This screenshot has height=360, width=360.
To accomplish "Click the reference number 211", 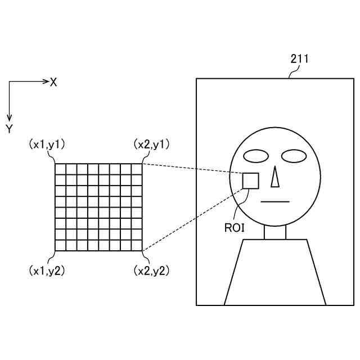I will (x=299, y=58).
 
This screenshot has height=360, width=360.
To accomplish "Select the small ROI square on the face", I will (x=250, y=181).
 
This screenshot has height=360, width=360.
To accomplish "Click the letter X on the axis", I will (x=53, y=82).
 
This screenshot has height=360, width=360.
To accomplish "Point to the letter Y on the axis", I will (x=9, y=129).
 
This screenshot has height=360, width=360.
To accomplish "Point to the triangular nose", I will (x=275, y=178).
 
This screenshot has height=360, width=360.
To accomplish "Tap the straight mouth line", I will (x=276, y=201).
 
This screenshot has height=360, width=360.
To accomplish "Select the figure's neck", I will (x=275, y=231).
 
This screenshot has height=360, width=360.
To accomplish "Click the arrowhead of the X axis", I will (x=47, y=82).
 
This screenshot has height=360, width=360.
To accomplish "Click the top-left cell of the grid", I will (x=60, y=168).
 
